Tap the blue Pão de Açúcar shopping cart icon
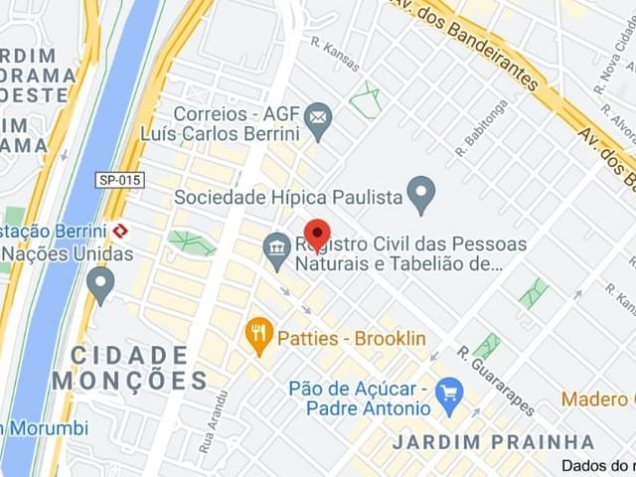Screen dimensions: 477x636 [x=450, y=397]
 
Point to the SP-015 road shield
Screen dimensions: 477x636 [x=120, y=180]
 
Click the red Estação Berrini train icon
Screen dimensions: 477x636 [x=120, y=231]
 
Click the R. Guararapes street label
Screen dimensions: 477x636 [x=496, y=380]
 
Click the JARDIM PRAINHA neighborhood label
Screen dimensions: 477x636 [x=493, y=441]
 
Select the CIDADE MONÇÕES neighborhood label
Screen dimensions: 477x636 [x=129, y=368]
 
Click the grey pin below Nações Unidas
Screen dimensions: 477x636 [x=100, y=284]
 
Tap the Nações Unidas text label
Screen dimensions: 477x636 [x=70, y=253]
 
